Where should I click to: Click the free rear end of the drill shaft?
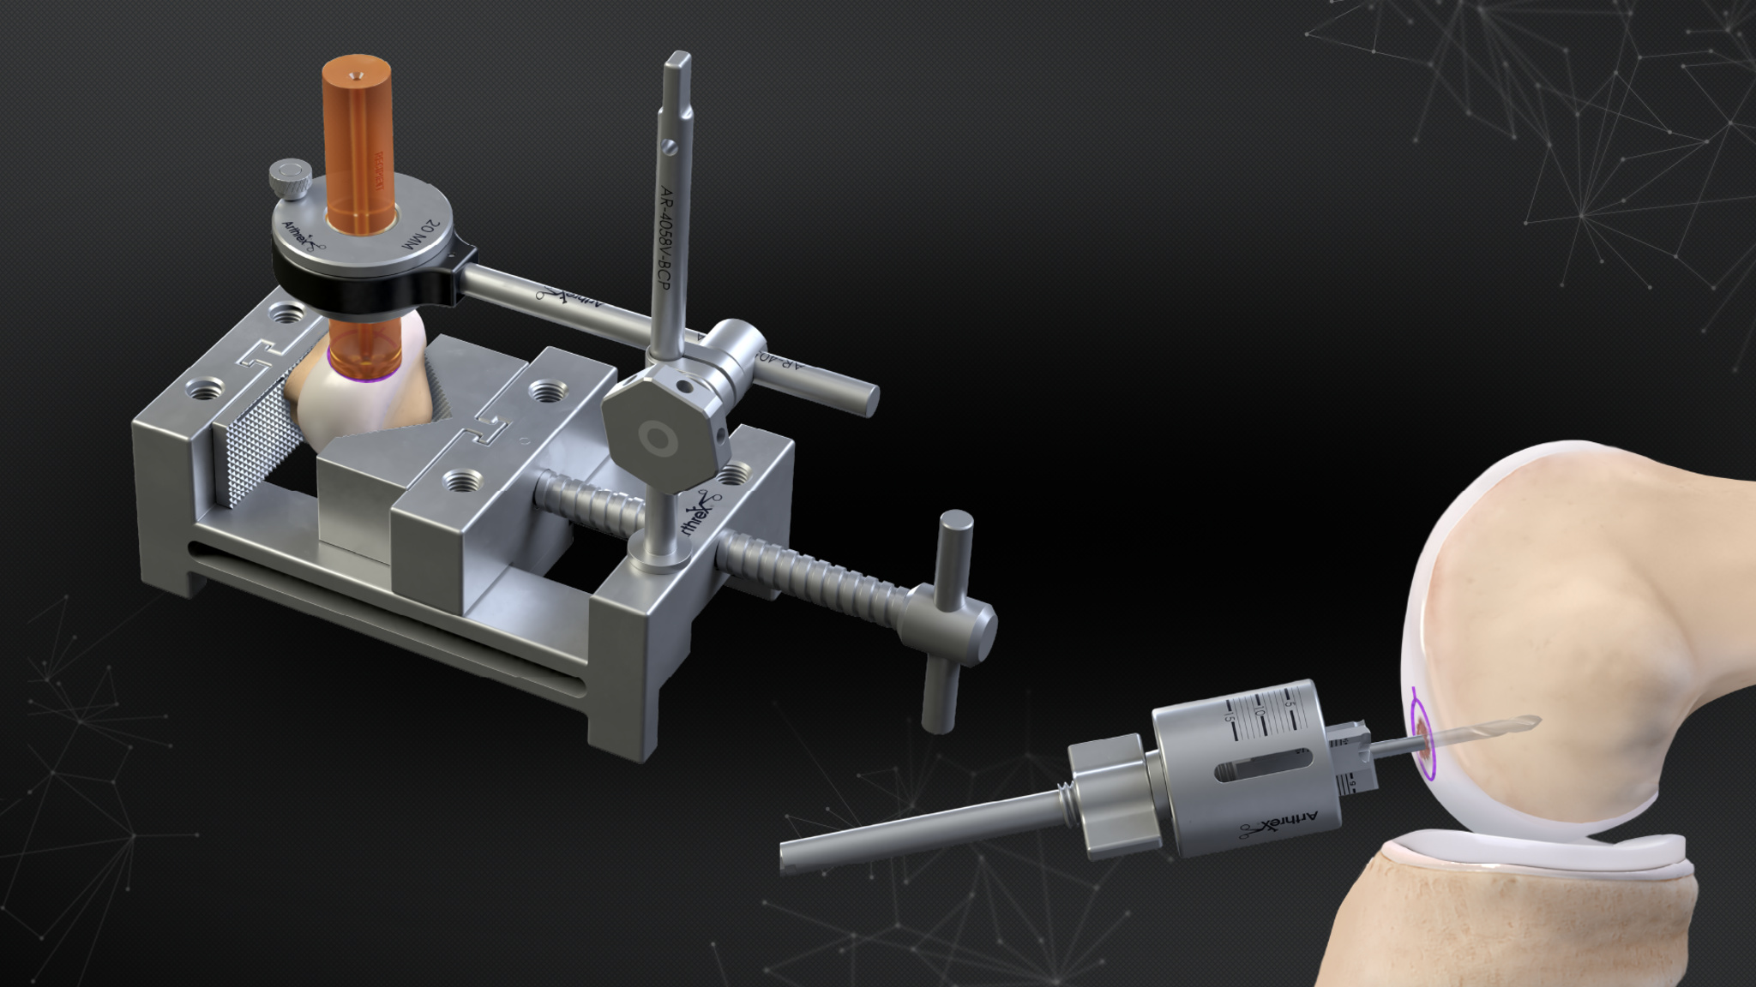[793, 856]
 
